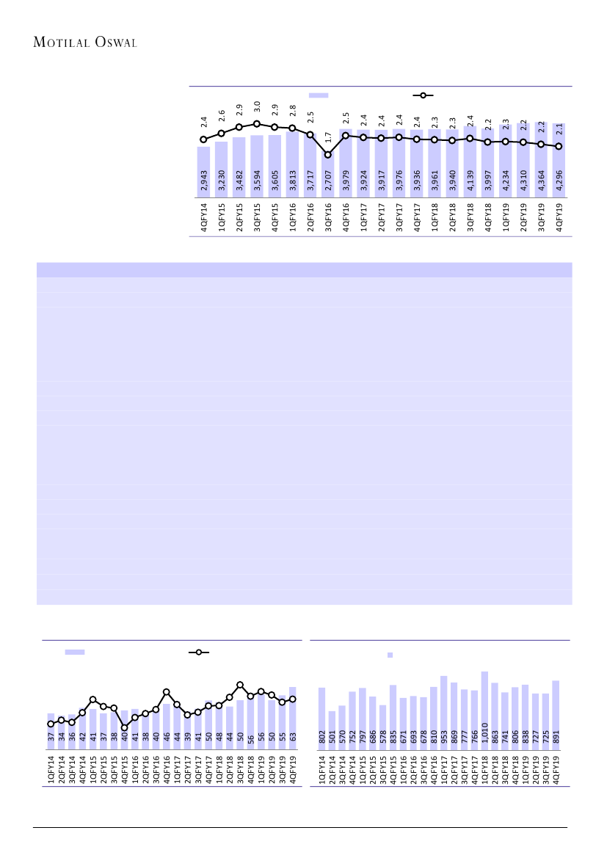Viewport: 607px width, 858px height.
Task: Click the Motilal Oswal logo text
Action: coord(85,43)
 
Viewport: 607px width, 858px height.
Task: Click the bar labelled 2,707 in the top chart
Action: coord(328,176)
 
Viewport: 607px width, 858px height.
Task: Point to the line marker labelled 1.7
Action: coord(328,155)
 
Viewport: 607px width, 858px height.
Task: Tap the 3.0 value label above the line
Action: coord(257,107)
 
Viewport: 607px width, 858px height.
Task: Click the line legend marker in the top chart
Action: coord(423,95)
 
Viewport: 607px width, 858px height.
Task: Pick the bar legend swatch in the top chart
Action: coord(318,95)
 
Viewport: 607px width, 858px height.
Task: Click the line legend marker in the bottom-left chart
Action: coord(199,652)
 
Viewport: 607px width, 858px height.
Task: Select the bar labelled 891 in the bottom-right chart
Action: coord(556,715)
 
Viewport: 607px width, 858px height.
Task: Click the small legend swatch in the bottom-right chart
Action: coord(390,655)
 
